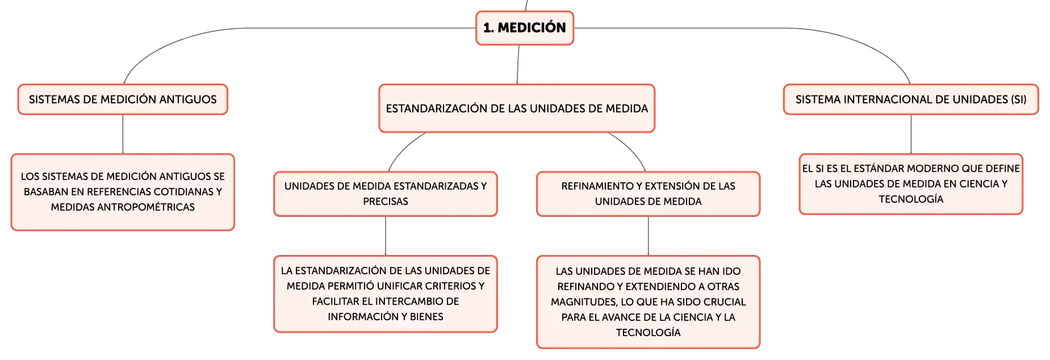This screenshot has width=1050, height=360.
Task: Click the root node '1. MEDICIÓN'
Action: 525,28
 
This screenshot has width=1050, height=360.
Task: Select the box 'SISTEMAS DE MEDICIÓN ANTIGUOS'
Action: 123,99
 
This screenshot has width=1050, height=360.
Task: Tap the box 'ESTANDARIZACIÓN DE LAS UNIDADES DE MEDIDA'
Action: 517,108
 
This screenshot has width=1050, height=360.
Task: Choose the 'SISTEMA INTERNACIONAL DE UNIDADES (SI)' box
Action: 911,99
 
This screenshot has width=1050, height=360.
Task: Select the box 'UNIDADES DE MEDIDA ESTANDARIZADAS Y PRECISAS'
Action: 386,194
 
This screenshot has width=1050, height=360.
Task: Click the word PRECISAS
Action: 386,202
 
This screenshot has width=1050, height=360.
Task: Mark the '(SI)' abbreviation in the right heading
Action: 1019,99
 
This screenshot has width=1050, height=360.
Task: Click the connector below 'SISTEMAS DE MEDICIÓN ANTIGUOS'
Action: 123,134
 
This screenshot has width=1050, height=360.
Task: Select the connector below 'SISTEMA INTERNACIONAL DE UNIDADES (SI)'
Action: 911,134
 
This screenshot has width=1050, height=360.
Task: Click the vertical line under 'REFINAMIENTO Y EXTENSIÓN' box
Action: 648,236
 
